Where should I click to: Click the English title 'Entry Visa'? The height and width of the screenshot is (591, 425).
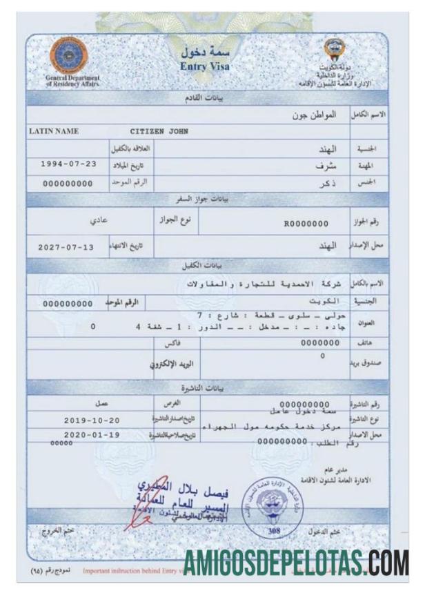coord(204,67)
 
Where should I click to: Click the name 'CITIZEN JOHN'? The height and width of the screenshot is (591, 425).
coord(159,130)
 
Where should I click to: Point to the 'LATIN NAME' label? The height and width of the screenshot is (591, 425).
coord(54,130)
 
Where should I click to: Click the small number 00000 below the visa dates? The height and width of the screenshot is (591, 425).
coord(61,444)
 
